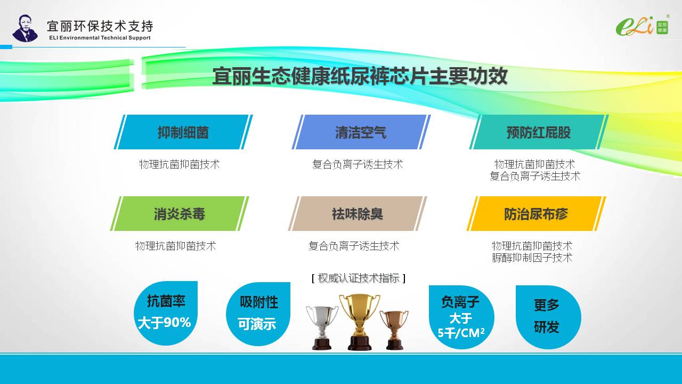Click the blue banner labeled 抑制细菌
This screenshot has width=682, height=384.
coord(183,132)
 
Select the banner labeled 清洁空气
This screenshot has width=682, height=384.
coord(361,132)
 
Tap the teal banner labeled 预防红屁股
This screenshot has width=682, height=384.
coord(539,132)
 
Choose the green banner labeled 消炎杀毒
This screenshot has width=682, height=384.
coord(180,213)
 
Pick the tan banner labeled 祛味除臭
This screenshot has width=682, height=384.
coord(358,213)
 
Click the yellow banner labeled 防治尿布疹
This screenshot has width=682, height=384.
coord(536,213)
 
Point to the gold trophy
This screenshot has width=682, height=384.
coord(360,322)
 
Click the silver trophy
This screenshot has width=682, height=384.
coord(322,327)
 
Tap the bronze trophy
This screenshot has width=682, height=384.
coord(394,330)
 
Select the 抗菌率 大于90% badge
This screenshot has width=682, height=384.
coord(166,313)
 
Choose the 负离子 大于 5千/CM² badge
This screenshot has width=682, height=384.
coord(461,317)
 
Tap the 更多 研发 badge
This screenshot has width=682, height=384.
coord(548,317)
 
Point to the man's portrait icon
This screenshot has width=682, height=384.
coord(25,28)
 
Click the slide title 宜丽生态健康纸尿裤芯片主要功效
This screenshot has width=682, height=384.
coord(360,76)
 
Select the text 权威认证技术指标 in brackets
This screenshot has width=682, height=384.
coord(359,278)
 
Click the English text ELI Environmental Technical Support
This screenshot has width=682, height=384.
coord(100,38)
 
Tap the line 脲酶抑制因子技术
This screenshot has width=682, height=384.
coord(532,258)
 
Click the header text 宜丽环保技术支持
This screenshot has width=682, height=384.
coord(100,26)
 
